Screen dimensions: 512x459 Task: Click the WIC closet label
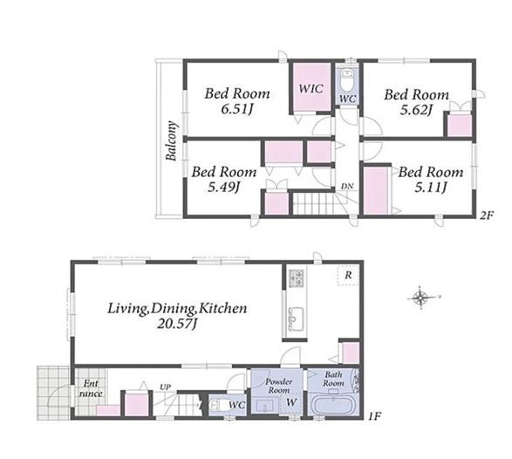(311, 88)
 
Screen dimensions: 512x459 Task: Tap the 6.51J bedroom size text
(237, 109)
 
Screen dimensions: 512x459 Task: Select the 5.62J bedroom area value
(416, 110)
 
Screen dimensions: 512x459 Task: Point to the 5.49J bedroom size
(224, 187)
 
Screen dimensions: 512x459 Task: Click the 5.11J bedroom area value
(431, 188)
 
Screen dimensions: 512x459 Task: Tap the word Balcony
(171, 140)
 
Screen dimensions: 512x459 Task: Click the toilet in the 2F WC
(347, 80)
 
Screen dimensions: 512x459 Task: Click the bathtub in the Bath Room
(334, 404)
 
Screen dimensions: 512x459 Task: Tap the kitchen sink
(296, 319)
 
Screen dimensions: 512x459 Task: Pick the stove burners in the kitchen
(297, 278)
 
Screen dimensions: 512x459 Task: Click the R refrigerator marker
(348, 275)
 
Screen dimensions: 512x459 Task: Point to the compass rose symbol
(421, 298)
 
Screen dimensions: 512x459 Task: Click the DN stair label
(347, 186)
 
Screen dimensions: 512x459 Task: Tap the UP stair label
(165, 387)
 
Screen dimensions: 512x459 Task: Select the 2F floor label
(486, 216)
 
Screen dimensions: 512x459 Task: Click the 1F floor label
(374, 416)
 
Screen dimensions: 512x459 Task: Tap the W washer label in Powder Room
(291, 402)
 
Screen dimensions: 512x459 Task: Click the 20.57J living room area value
(177, 324)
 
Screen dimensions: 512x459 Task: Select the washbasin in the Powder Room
(265, 406)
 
